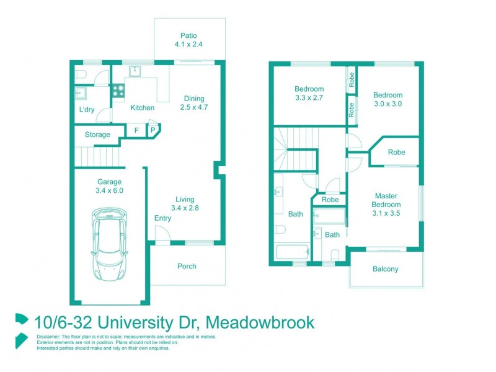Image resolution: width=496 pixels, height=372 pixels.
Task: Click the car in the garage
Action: tap(110, 243)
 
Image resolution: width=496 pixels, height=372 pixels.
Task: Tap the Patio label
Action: tap(189, 40)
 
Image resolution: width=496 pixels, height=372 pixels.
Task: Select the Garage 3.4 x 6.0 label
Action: tap(110, 186)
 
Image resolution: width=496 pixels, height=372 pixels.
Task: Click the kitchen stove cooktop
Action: tap(118, 92)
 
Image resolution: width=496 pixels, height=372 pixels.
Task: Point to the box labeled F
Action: tap(136, 131)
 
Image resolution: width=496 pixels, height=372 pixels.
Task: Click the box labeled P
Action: tap(153, 131)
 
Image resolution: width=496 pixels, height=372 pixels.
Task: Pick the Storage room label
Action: tap(97, 135)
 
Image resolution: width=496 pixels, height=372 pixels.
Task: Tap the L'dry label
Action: tap(87, 110)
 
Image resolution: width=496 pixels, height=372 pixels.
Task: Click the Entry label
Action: tap(163, 218)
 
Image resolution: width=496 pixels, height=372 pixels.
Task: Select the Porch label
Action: tap(187, 266)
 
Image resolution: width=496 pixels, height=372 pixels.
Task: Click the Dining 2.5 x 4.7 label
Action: tap(194, 103)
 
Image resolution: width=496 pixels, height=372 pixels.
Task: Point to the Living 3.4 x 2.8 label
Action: tap(185, 203)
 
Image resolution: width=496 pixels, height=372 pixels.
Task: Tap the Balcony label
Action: tap(386, 269)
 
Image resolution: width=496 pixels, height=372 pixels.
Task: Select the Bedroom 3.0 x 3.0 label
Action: tap(387, 99)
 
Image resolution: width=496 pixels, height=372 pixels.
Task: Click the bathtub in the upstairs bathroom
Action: tap(292, 253)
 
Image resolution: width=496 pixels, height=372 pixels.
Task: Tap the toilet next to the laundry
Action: tap(79, 75)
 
